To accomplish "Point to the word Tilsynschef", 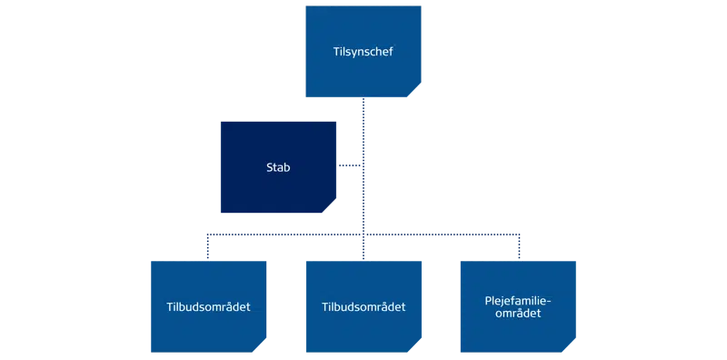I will click(363, 53).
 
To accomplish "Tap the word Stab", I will click(278, 168).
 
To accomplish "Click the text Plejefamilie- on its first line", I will click(519, 300).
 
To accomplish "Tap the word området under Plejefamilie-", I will click(519, 314).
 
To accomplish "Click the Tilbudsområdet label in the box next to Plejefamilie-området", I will click(363, 306).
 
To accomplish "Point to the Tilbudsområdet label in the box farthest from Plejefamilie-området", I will click(209, 306).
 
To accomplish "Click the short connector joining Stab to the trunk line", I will click(349, 165).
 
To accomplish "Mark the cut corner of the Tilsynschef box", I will click(415, 92).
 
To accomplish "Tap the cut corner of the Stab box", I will click(332, 208).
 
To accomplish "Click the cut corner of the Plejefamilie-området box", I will click(571, 346).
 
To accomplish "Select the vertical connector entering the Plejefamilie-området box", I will click(519, 247).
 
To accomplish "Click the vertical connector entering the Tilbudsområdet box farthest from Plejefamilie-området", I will click(209, 247).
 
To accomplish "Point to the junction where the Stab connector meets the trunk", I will click(363, 165).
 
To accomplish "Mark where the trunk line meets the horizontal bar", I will click(363, 235).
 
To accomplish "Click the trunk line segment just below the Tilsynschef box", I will click(363, 114).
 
